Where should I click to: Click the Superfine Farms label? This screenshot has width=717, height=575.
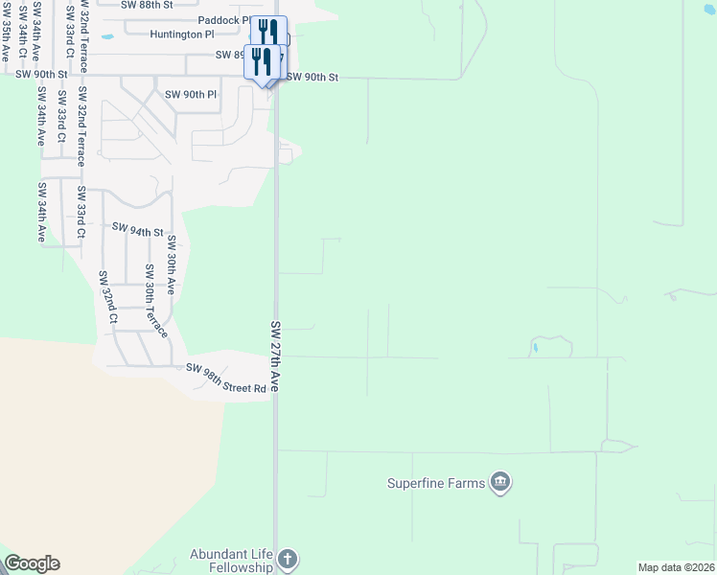click(x=436, y=483)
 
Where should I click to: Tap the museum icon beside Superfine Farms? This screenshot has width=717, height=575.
click(x=499, y=481)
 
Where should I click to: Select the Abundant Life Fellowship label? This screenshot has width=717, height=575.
click(x=231, y=561)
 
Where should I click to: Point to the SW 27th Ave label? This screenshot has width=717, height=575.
click(x=275, y=356)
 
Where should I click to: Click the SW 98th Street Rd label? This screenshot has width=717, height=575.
click(x=226, y=378)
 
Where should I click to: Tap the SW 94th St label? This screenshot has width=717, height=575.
click(x=138, y=230)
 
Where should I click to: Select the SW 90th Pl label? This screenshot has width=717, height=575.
click(x=192, y=95)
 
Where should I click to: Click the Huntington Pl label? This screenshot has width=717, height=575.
click(x=182, y=34)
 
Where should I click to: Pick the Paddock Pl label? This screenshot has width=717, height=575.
click(x=223, y=20)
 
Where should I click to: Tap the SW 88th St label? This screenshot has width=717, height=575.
click(x=148, y=4)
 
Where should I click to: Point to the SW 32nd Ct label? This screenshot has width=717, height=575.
click(x=107, y=296)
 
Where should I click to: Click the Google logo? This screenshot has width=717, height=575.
click(x=32, y=563)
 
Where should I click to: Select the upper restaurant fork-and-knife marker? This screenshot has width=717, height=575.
click(x=269, y=32)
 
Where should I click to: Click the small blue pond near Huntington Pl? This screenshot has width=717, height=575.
click(x=107, y=37)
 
